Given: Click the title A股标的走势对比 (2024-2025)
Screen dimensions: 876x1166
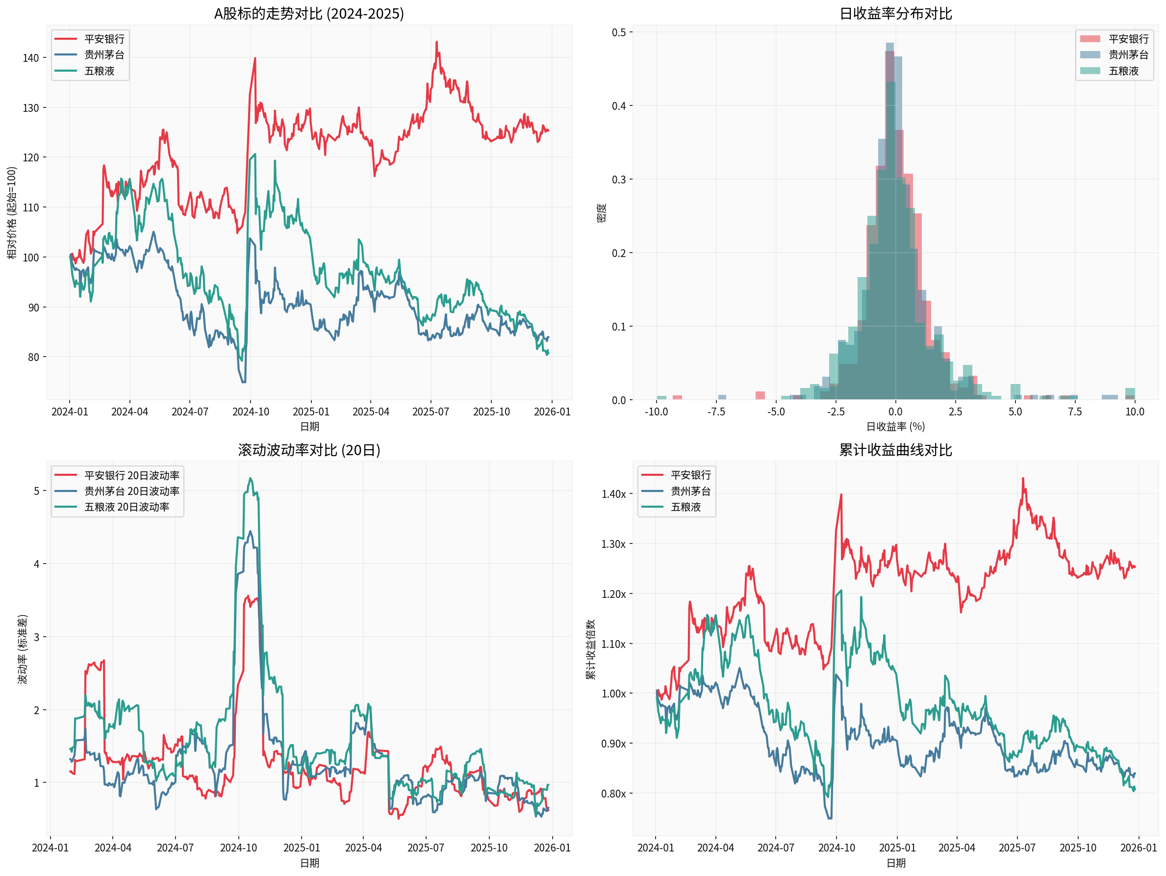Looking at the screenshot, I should tap(309, 13).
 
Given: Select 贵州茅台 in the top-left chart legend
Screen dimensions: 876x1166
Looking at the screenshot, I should tap(104, 55).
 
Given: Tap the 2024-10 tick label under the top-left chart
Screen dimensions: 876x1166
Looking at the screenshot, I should tap(251, 412).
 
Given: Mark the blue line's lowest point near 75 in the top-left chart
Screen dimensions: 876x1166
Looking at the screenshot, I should tap(244, 382).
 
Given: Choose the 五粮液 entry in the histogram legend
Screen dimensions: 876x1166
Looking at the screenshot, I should tap(1123, 71).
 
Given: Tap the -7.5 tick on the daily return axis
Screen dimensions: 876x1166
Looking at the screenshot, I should tap(716, 412).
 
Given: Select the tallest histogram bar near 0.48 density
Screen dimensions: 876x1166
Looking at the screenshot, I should tap(890, 48).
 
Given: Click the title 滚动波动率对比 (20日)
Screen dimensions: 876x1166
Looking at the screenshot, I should tap(309, 450).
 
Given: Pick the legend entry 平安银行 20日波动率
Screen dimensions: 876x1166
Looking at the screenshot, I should tap(132, 475).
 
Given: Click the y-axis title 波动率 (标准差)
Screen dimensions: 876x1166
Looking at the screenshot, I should tap(22, 649).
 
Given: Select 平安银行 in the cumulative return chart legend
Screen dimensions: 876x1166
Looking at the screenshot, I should tap(690, 475).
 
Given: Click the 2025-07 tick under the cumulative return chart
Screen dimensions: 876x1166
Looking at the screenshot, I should tap(1017, 848).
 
